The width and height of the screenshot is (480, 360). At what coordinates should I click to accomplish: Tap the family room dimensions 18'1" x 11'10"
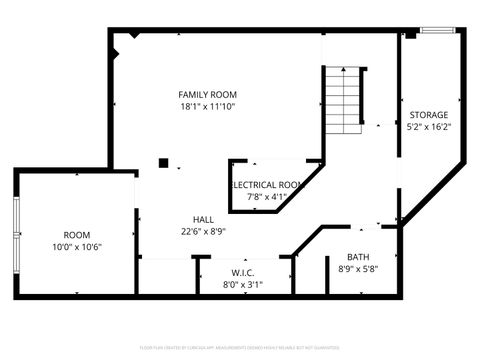click(208, 106)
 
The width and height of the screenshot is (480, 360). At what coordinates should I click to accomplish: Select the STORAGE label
click(429, 114)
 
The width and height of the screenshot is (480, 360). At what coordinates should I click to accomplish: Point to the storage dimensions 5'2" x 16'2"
click(429, 127)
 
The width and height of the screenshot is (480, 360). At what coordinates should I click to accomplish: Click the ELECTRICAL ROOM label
click(268, 185)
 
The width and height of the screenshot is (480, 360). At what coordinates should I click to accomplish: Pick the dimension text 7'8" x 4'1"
click(267, 197)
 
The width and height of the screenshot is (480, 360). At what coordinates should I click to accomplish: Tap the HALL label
click(203, 219)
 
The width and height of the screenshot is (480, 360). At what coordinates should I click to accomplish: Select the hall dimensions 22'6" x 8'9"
click(203, 231)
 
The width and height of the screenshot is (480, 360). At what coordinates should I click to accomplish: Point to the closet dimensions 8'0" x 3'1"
click(243, 284)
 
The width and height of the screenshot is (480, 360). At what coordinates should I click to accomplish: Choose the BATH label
click(358, 257)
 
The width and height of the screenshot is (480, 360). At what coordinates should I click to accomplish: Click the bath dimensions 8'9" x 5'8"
click(358, 269)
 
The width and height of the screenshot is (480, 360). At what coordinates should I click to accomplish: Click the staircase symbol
click(342, 100)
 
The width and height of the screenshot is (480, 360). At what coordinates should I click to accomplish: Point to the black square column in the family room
click(163, 163)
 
